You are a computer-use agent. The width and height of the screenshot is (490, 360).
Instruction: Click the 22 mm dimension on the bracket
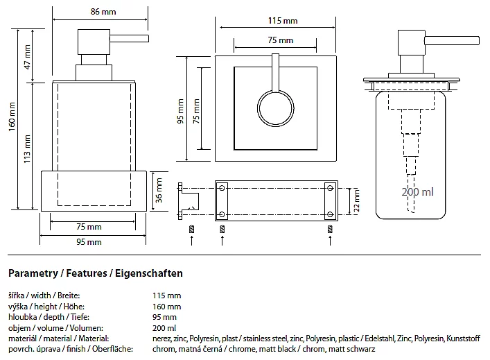tap(356, 200)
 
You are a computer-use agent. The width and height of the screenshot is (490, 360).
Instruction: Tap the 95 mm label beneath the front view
tap(89, 242)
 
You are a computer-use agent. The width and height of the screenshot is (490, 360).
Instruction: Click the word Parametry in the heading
tap(33, 273)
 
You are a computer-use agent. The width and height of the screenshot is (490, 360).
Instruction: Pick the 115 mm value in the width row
tap(166, 295)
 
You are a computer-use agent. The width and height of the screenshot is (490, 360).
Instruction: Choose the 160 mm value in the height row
tap(166, 306)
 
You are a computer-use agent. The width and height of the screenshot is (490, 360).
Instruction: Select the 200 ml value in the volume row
tap(164, 327)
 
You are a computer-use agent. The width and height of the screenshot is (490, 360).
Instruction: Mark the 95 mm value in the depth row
tap(164, 317)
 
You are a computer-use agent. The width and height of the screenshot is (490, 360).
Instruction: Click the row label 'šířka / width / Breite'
tap(44, 295)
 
